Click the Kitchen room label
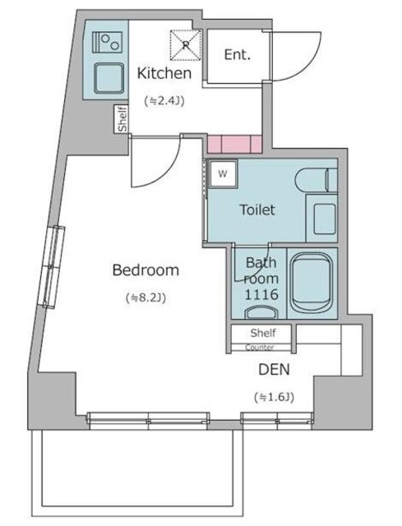click(x=164, y=73)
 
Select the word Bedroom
click(x=146, y=270)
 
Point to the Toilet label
click(x=256, y=210)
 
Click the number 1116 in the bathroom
click(x=261, y=294)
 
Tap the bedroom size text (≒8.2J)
click(x=146, y=298)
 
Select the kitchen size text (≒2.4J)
click(x=164, y=101)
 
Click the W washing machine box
click(x=222, y=173)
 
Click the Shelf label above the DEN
click(x=262, y=333)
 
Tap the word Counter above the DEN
click(x=260, y=348)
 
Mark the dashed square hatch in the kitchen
click(x=185, y=44)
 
